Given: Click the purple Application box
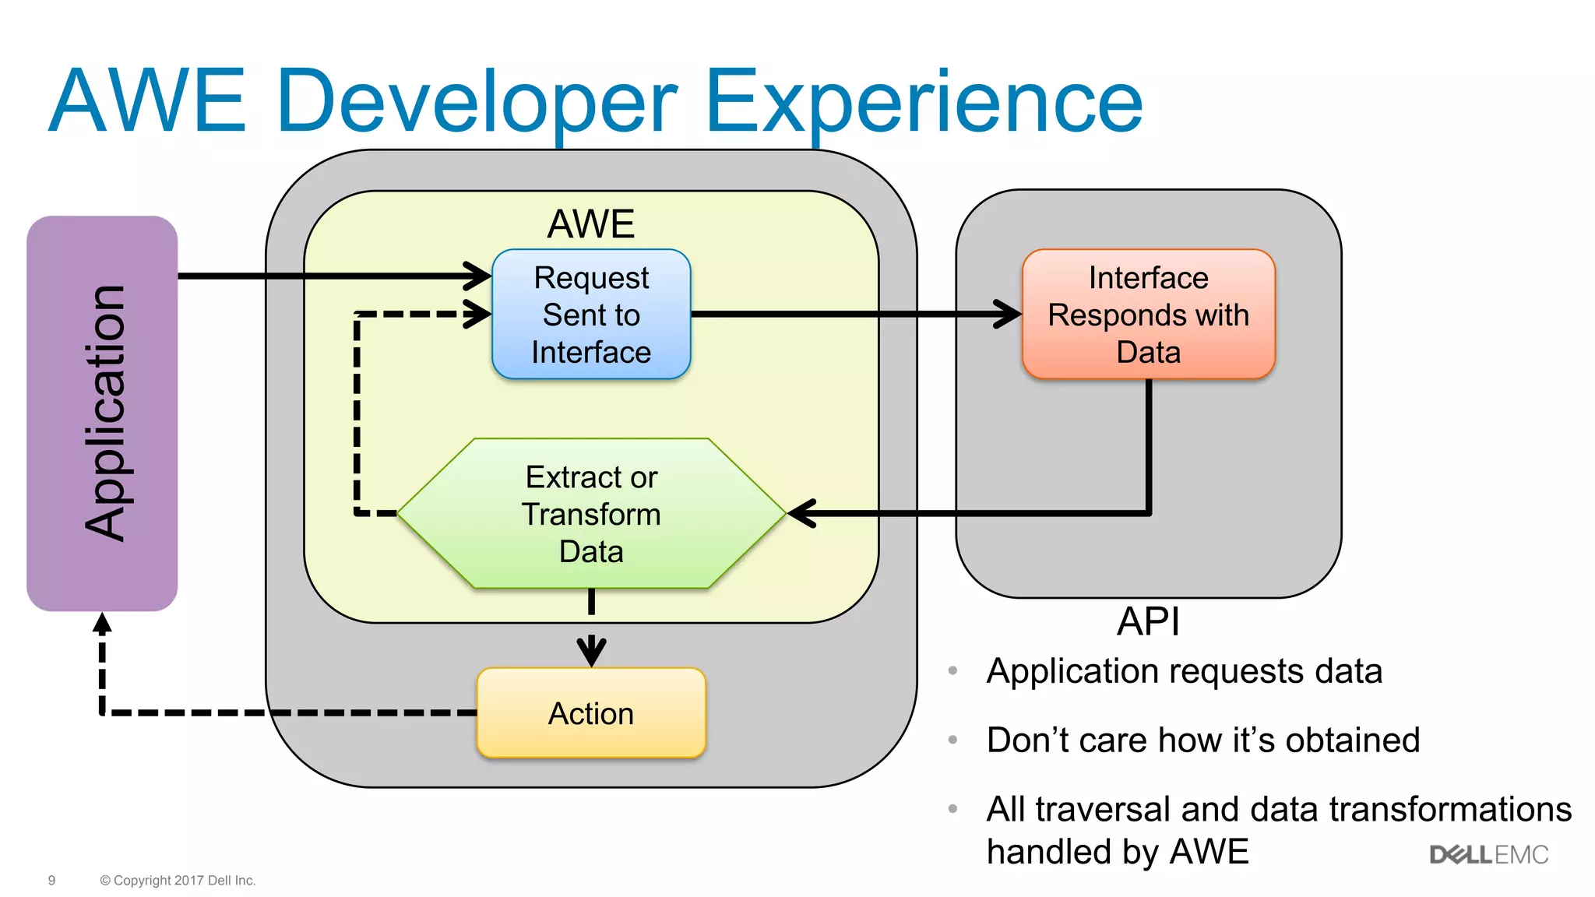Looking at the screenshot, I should click(x=102, y=413).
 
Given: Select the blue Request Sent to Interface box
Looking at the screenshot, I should click(x=591, y=314).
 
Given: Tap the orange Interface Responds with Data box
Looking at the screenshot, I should click(x=1148, y=314).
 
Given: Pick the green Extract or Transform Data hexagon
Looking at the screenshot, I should click(x=591, y=513).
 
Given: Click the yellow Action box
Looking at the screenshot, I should click(x=591, y=712).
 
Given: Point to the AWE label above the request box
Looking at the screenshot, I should click(x=591, y=224).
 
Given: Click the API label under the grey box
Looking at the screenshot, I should click(x=1148, y=621).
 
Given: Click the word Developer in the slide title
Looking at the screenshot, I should click(x=477, y=101).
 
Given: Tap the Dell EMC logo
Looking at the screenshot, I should click(x=1488, y=855).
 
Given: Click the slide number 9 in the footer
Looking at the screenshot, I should click(x=51, y=881).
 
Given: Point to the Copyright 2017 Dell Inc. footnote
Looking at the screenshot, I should click(x=178, y=881).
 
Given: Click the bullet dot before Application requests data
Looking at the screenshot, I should click(x=952, y=670).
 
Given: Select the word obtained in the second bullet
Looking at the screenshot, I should click(x=1352, y=740).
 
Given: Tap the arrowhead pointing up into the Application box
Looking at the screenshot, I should click(x=102, y=623).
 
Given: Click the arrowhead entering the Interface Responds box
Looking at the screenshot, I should click(x=1009, y=314).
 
